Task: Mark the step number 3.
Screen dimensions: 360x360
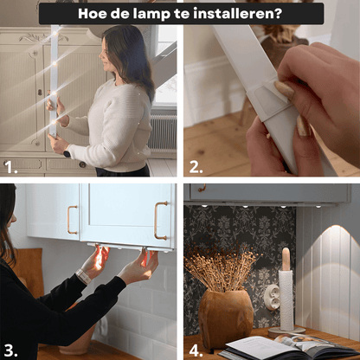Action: click(10, 350)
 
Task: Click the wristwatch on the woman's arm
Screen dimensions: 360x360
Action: click(83, 276)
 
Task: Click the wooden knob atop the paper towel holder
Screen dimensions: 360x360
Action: click(286, 257)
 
